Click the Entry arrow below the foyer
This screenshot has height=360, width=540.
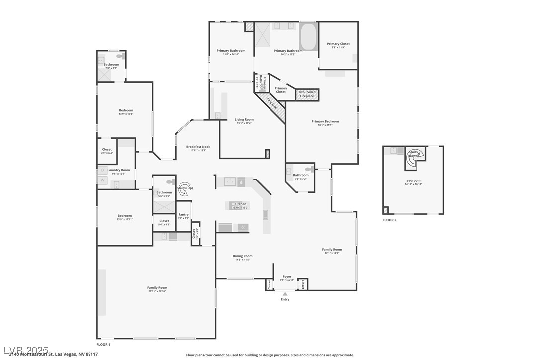pyautogui.click(x=285, y=294)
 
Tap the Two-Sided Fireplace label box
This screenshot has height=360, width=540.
pyautogui.click(x=307, y=94)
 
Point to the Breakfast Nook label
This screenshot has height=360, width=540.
pyautogui.click(x=196, y=148)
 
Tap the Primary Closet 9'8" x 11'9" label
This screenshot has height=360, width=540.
pyautogui.click(x=338, y=45)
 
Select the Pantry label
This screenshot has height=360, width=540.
pyautogui.click(x=183, y=216)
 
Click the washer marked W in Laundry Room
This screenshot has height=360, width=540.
pyautogui.click(x=103, y=180)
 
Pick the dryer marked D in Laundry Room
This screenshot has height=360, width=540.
pyautogui.click(x=103, y=170)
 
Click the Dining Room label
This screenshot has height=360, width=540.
pyautogui.click(x=243, y=257)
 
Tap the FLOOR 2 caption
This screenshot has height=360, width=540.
pyautogui.click(x=389, y=220)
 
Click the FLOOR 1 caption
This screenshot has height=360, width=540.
pyautogui.click(x=103, y=344)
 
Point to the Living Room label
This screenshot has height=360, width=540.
pyautogui.click(x=244, y=121)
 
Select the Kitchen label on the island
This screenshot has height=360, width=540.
pyautogui.click(x=240, y=205)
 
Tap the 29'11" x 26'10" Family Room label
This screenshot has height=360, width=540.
pyautogui.click(x=157, y=289)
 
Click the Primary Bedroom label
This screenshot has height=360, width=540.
pyautogui.click(x=325, y=123)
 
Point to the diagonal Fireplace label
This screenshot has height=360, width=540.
pyautogui.click(x=271, y=103)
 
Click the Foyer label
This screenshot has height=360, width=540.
pyautogui.click(x=287, y=278)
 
